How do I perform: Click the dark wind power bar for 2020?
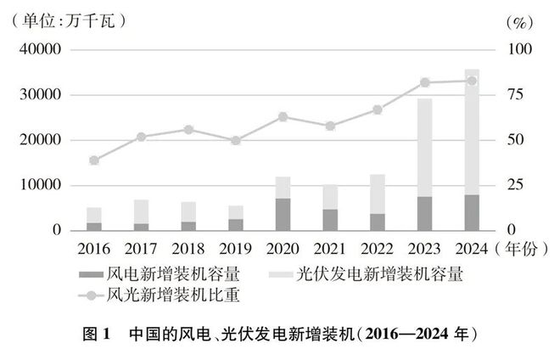(283, 214)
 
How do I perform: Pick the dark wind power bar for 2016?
(94, 226)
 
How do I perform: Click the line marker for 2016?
(94, 160)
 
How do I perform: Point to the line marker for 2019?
(236, 140)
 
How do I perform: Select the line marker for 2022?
(378, 110)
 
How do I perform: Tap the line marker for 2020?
(283, 116)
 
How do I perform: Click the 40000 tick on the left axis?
(40, 50)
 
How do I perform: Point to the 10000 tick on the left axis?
(40, 185)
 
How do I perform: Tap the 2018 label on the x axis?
(188, 250)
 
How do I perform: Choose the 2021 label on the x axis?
(330, 250)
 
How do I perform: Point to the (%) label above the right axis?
(517, 20)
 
